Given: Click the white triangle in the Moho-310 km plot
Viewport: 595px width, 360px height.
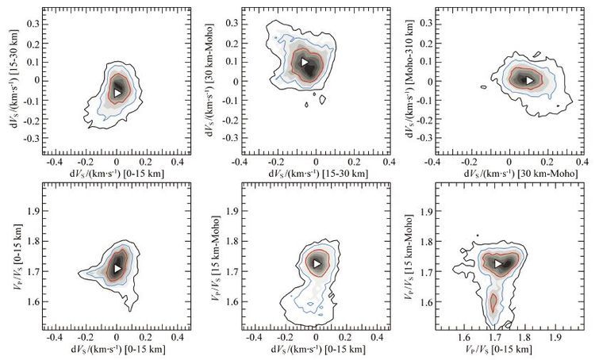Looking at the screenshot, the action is pyautogui.click(x=529, y=80).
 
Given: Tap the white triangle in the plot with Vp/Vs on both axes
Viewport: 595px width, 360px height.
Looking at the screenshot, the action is pyautogui.click(x=498, y=263).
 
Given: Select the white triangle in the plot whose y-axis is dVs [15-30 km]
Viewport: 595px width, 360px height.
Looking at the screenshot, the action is pyautogui.click(x=117, y=93).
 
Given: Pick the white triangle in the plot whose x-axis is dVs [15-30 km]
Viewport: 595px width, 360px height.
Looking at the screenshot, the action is pyautogui.click(x=305, y=62).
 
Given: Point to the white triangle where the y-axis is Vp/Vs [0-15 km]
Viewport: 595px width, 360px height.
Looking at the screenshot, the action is pyautogui.click(x=117, y=268).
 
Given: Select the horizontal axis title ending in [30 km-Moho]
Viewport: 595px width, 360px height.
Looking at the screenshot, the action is pyautogui.click(x=521, y=174).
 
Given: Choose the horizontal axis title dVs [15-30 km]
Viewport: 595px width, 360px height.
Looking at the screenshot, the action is pyautogui.click(x=318, y=174).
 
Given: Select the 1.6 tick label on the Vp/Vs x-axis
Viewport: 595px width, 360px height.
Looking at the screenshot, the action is pyautogui.click(x=464, y=337).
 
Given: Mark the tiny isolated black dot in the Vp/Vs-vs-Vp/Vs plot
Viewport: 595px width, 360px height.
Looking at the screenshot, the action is pyautogui.click(x=478, y=236).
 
